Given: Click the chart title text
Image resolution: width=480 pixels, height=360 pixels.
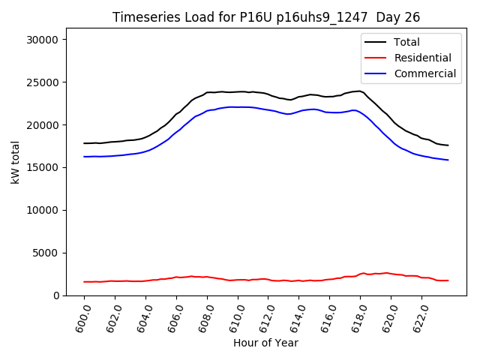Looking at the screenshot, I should [x=265, y=17].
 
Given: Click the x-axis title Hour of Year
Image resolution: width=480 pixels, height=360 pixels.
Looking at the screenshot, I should [x=265, y=343].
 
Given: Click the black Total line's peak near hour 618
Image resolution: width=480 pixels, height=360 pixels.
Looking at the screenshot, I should [x=359, y=91].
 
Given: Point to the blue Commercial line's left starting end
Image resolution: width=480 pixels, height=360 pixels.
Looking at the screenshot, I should [x=85, y=157].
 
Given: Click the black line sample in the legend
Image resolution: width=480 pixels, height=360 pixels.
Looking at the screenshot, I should [x=376, y=42].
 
